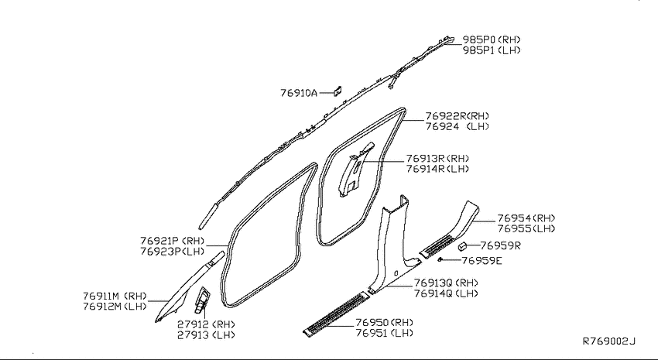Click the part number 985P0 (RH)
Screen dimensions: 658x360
(x=492, y=39)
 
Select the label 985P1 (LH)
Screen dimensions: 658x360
(x=492, y=50)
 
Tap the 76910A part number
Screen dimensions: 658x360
(x=299, y=93)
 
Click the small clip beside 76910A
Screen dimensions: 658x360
(x=338, y=91)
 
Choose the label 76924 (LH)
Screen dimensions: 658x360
(x=457, y=126)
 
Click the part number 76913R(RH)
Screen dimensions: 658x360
(x=437, y=159)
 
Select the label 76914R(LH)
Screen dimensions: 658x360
(x=437, y=169)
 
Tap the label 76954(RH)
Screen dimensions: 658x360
(x=526, y=218)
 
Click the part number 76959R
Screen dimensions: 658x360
(x=500, y=246)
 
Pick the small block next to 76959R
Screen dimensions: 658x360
(x=463, y=246)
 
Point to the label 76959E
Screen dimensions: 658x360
(x=482, y=261)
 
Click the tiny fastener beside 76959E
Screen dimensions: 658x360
(x=440, y=260)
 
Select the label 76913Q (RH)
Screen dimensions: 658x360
(x=446, y=283)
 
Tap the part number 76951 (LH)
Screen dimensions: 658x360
(x=384, y=333)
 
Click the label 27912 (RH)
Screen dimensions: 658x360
(x=206, y=324)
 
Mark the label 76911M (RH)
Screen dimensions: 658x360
(x=115, y=296)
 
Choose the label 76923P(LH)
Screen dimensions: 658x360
(x=172, y=252)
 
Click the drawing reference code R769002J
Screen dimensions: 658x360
(x=609, y=341)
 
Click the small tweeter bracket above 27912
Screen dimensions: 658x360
(x=202, y=300)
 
